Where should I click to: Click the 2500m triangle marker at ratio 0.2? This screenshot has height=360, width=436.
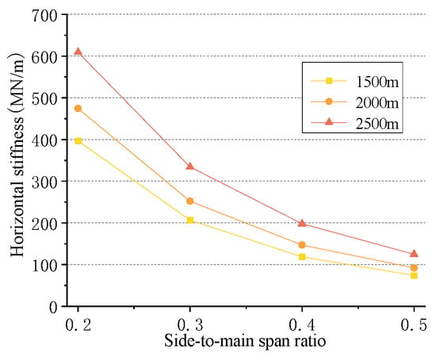(78, 52)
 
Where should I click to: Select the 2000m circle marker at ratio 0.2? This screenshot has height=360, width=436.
(78, 109)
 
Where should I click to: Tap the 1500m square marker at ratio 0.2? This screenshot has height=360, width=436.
(78, 141)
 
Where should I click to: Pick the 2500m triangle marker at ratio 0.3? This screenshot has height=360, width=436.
(190, 167)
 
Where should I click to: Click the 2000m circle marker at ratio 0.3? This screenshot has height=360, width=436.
(190, 201)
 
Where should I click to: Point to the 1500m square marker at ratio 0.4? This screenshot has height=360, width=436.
(302, 257)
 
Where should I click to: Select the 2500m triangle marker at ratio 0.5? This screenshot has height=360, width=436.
(414, 254)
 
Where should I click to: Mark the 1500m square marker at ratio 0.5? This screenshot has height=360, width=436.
(414, 276)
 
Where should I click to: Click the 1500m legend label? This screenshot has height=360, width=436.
(377, 82)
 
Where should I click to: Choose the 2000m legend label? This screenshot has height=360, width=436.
(377, 102)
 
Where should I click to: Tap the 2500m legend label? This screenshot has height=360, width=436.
(377, 124)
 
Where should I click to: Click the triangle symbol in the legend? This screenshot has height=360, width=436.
(329, 121)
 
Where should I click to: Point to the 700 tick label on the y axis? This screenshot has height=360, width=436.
(44, 16)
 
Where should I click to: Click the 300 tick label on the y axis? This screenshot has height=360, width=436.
(44, 182)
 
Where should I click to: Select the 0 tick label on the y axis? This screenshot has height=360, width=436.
(53, 308)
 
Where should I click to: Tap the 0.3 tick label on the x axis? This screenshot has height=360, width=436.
(190, 324)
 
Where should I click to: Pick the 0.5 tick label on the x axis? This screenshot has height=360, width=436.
(414, 324)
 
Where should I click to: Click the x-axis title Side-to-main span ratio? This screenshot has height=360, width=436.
(245, 341)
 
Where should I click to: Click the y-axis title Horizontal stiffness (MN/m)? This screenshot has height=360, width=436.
(17, 155)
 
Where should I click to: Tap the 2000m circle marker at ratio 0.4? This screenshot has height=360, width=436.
(302, 245)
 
